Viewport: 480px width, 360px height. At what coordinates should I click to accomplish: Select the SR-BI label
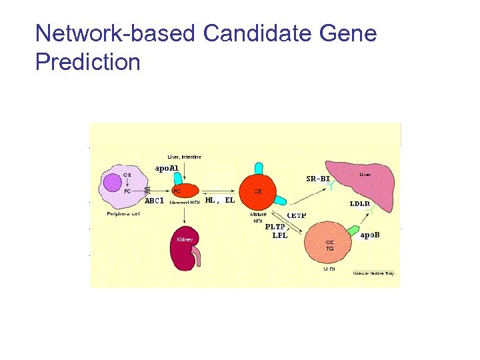(318, 179)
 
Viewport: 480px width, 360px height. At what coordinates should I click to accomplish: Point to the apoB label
(372, 235)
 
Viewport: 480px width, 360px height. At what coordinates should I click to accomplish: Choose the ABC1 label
(155, 200)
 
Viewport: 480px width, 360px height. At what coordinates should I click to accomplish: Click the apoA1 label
(166, 169)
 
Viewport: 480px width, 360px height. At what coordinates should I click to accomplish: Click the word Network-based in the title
(115, 33)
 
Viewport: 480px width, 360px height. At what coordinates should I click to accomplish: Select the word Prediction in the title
(87, 62)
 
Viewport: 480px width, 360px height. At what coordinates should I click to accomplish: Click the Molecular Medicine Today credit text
(373, 273)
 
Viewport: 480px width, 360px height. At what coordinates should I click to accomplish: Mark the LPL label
(280, 235)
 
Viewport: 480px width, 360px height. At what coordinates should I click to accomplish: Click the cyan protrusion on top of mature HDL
(257, 168)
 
